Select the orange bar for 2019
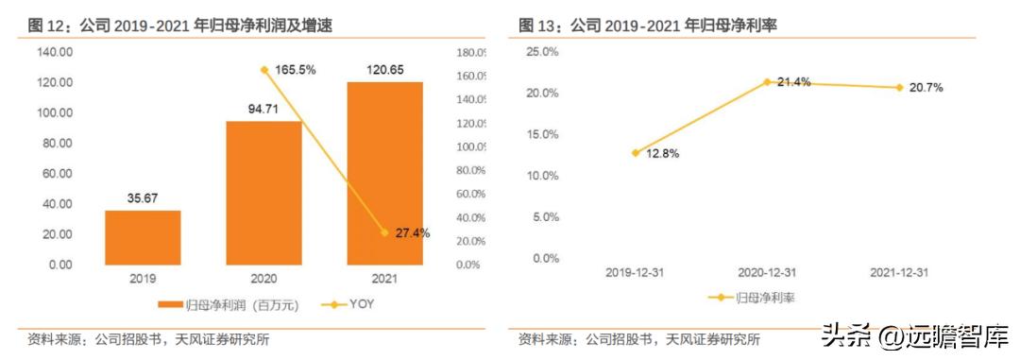[x=143, y=237]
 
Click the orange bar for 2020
[x=263, y=193]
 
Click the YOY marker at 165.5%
[x=264, y=70]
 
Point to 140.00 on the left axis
[x=56, y=52]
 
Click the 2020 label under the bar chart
[x=263, y=280]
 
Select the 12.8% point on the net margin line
[x=636, y=152]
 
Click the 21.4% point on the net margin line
[x=768, y=82]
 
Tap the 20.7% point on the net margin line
[x=899, y=87]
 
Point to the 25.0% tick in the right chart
[x=543, y=52]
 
